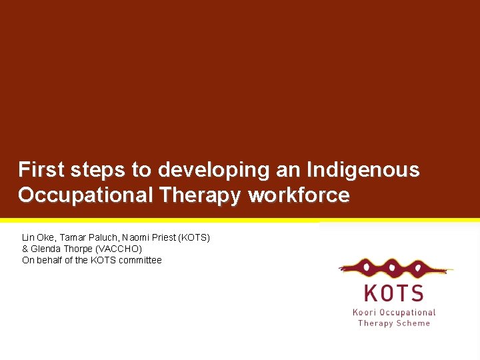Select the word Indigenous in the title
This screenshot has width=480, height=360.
point(363,170)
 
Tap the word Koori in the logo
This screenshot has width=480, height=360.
point(367,312)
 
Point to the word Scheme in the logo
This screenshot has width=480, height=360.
point(413,323)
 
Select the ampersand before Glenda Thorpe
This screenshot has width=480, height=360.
point(25,249)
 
